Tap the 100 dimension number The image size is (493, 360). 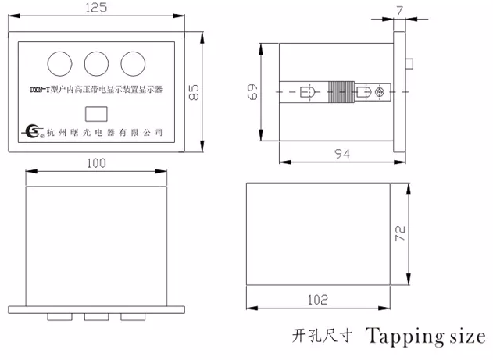[x=97, y=163]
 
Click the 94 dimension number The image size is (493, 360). [x=341, y=155]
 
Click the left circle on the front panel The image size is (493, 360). [x=58, y=62]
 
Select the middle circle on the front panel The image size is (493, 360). [x=96, y=62]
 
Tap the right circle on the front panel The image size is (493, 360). [x=134, y=62]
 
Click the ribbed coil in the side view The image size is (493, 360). [x=337, y=92]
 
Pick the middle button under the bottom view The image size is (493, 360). [x=95, y=317]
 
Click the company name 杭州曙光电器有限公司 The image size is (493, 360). [x=104, y=132]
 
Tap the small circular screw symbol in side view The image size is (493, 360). [x=380, y=92]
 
